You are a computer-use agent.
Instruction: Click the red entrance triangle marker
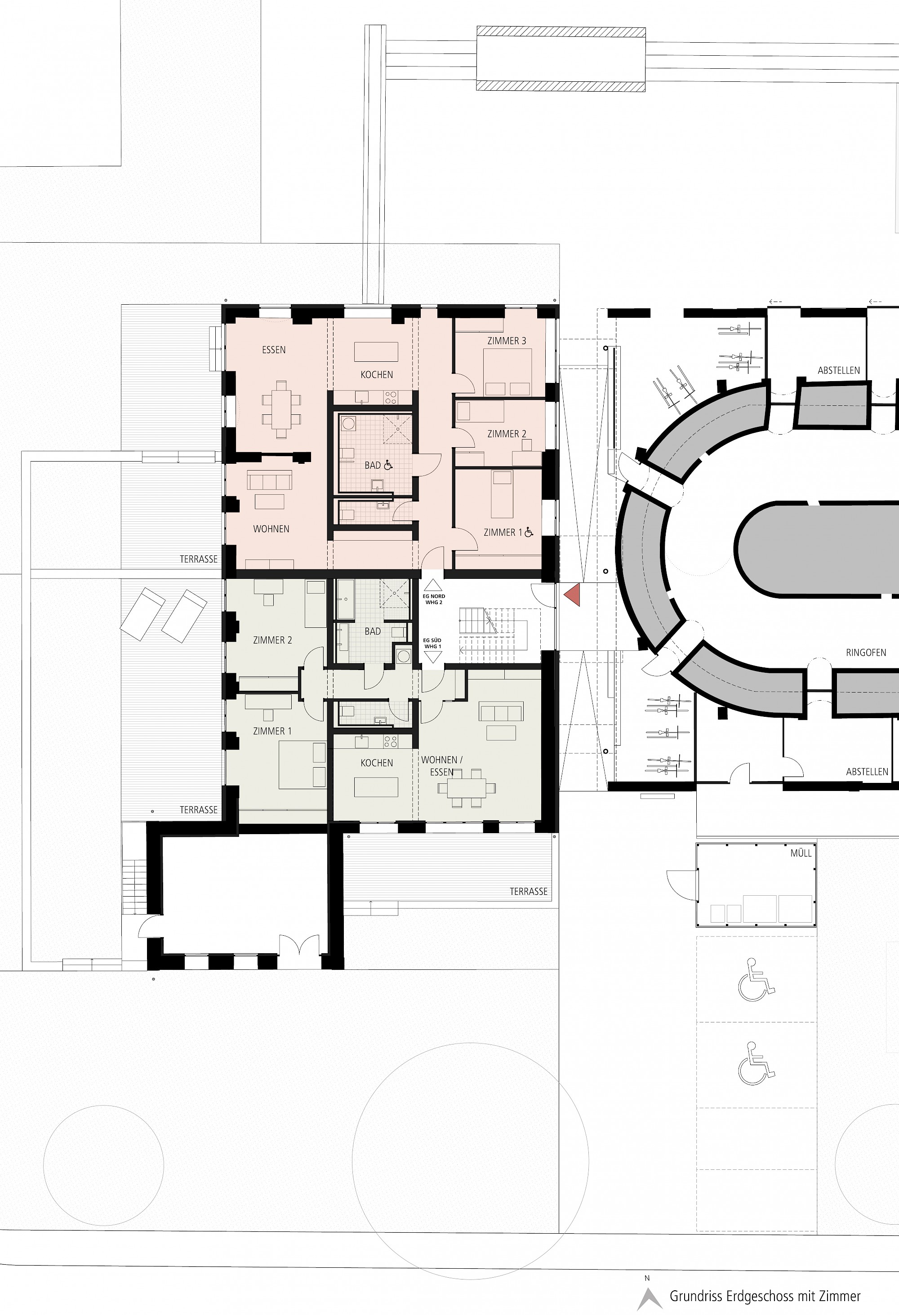(x=573, y=595)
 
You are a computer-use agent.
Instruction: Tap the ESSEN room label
(x=274, y=350)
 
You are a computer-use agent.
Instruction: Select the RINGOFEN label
(x=866, y=653)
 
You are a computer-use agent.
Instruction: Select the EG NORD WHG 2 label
(x=434, y=599)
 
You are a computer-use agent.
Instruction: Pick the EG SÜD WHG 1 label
(x=432, y=644)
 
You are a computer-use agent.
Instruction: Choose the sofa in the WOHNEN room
(x=270, y=481)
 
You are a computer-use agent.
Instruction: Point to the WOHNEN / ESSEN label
(x=442, y=765)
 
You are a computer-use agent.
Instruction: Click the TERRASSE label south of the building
(x=529, y=891)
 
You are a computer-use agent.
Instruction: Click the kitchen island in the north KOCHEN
(x=376, y=351)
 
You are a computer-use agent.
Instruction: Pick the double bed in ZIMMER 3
(x=507, y=372)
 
